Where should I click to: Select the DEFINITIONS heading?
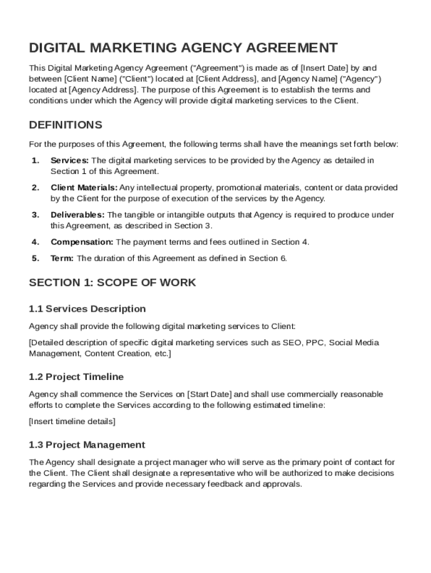(x=65, y=124)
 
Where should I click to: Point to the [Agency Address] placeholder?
(x=103, y=90)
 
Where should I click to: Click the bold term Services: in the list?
(x=69, y=161)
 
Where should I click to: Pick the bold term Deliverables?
(x=77, y=215)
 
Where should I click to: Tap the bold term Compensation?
(x=82, y=242)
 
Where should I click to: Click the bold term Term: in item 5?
(x=62, y=258)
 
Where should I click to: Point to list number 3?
(x=35, y=215)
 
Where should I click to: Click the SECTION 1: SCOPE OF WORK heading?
(x=113, y=283)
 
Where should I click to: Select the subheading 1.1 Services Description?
(x=87, y=309)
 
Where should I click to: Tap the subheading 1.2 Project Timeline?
(x=76, y=377)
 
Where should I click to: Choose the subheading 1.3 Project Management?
(x=87, y=445)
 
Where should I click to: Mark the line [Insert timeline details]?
(x=72, y=421)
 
